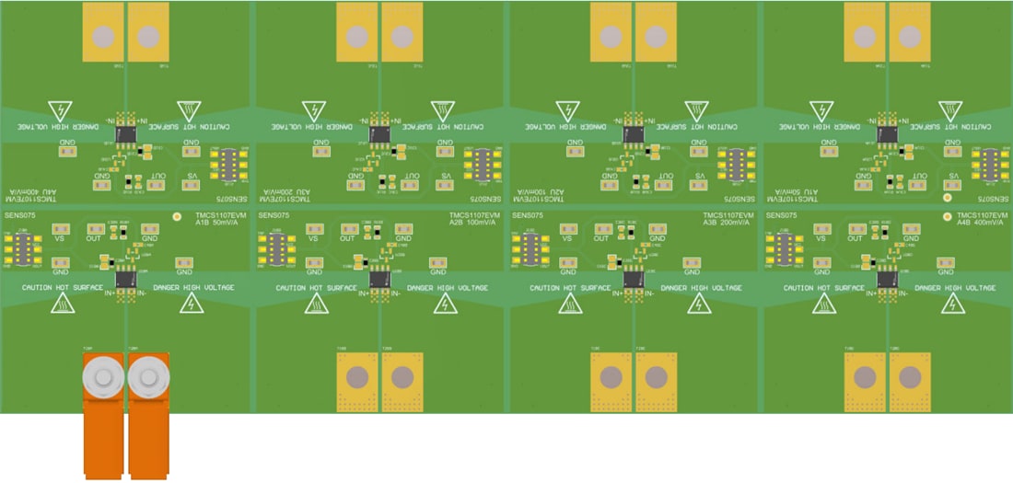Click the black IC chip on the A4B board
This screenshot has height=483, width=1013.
click(887, 277)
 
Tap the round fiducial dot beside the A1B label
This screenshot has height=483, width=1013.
click(178, 218)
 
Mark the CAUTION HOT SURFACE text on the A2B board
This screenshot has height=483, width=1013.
click(315, 288)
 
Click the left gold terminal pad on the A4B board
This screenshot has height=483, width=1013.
click(864, 377)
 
